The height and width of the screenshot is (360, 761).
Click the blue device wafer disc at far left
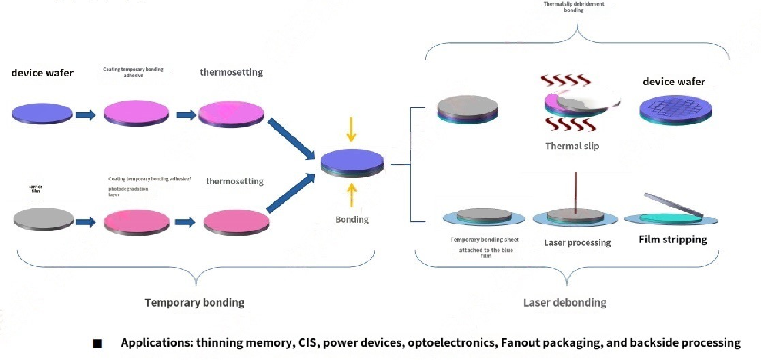(42, 113)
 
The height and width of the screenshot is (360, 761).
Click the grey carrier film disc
(44, 219)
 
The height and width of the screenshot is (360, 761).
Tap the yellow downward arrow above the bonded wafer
(351, 130)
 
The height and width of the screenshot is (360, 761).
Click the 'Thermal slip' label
(572, 146)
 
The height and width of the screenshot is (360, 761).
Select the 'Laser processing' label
(577, 242)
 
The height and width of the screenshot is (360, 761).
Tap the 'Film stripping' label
(672, 239)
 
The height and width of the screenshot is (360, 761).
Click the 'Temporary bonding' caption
(194, 302)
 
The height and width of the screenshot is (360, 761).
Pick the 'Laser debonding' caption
(565, 302)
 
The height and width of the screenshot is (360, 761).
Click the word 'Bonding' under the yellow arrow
(351, 219)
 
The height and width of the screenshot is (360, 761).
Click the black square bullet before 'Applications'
(97, 343)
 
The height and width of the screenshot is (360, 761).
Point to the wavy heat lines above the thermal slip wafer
(565, 81)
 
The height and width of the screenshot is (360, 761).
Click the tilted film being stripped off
(673, 205)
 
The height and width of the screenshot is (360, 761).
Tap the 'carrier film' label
(36, 188)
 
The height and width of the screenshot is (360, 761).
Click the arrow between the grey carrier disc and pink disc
(85, 222)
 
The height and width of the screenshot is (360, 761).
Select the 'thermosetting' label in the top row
(231, 72)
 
